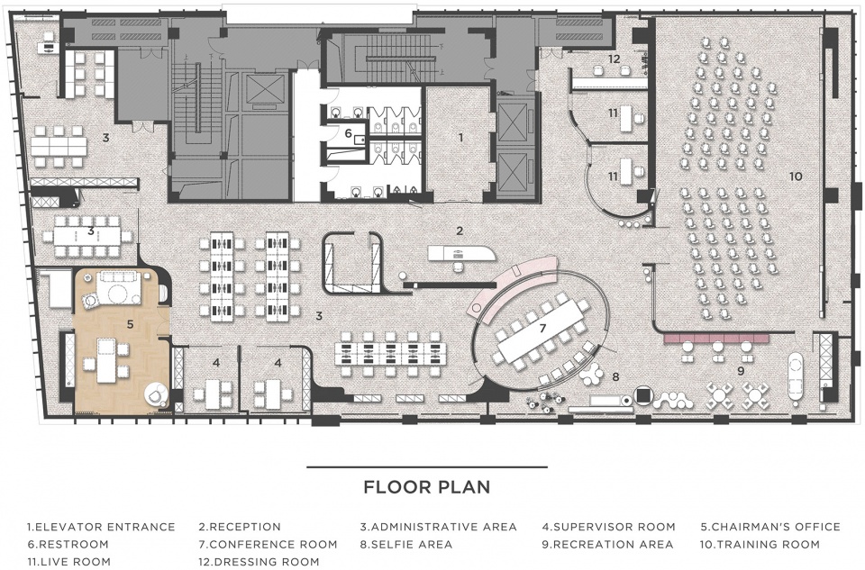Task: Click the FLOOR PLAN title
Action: click(x=427, y=487)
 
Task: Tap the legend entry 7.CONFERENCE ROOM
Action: click(x=269, y=544)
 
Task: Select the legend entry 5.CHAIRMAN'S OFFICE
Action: click(x=770, y=527)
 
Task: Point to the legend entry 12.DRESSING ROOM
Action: click(x=259, y=562)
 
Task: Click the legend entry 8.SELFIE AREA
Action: click(x=406, y=544)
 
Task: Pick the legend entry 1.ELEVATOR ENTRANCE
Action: click(x=101, y=527)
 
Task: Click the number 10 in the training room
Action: click(x=796, y=176)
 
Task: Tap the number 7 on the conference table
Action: click(x=542, y=329)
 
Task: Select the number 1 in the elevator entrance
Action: click(x=461, y=138)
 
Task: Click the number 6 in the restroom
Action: click(x=348, y=133)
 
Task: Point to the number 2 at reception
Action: click(x=459, y=231)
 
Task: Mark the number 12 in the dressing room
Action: click(x=614, y=59)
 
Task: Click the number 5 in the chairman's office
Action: click(x=130, y=324)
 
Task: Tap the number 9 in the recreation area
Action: click(x=741, y=371)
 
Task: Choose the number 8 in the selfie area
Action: click(x=615, y=377)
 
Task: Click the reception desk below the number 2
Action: click(x=461, y=253)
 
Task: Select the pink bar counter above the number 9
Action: click(x=716, y=338)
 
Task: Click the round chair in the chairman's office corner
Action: click(x=156, y=394)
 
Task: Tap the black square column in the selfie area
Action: click(x=642, y=395)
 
